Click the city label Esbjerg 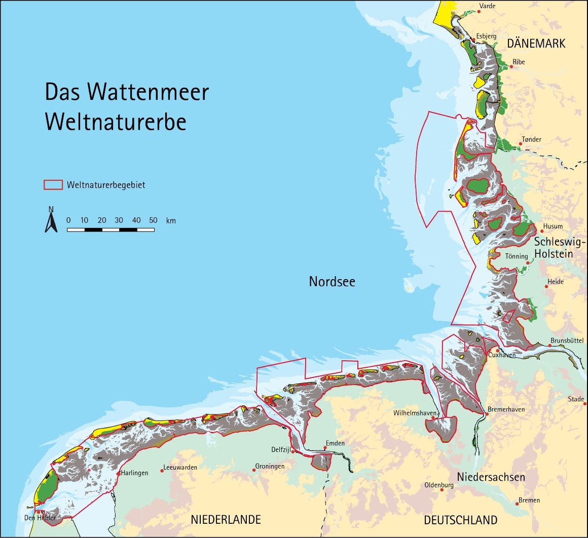tap(486, 36)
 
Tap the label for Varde tap(487, 6)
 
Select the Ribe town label tap(519, 62)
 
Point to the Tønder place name tap(531, 139)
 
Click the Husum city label tap(553, 226)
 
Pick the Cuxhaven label tap(502, 355)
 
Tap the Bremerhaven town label tap(506, 409)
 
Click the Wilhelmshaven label tap(414, 413)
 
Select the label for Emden tap(335, 443)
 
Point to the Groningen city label tap(270, 466)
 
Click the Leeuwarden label tap(180, 467)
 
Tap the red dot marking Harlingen tap(119, 473)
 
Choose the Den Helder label tap(40, 518)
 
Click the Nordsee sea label tap(332, 282)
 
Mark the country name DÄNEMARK tap(536, 44)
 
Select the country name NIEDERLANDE tap(226, 520)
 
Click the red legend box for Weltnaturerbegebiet tap(53, 185)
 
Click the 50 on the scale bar tap(153, 220)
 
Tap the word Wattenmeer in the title tap(148, 92)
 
